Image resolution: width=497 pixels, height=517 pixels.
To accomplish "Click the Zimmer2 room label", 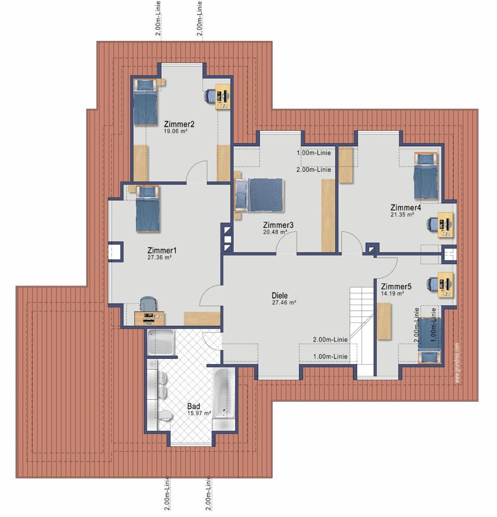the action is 179,124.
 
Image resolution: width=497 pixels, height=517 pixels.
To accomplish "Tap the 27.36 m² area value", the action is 159,257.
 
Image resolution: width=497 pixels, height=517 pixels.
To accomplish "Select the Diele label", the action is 279,295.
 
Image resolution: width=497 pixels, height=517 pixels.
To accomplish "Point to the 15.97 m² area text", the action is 199,413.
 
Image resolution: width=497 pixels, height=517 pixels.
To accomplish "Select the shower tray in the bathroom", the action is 161,343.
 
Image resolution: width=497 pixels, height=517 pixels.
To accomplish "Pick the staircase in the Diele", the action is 362,331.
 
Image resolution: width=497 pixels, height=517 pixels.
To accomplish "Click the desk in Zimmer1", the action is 149,318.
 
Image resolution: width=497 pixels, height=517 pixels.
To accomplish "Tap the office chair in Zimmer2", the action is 210,96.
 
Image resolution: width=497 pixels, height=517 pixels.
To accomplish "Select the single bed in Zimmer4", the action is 426,176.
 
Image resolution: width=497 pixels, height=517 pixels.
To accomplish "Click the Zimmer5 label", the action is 396,286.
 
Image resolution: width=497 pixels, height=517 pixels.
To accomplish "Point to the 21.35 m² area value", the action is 402,215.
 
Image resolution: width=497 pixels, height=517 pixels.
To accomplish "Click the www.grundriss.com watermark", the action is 457,363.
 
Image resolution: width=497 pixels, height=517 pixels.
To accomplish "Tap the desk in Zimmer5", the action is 445,285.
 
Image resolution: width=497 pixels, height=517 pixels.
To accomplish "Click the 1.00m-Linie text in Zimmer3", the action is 314,153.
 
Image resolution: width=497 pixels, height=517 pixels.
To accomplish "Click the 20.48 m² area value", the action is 275,232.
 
